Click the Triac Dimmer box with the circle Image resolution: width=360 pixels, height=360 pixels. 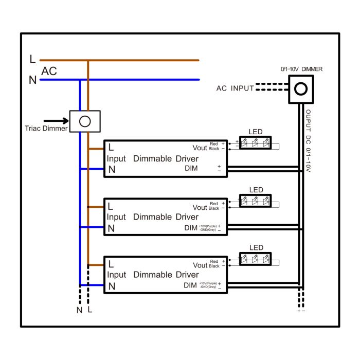click(85, 121)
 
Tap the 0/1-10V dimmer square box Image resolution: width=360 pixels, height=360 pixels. click(300, 88)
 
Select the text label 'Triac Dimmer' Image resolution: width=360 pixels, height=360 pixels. click(46, 129)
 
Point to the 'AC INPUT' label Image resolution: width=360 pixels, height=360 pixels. click(235, 88)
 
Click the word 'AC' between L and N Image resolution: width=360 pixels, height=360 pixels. click(49, 71)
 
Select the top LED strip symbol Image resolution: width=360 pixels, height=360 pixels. click(256, 142)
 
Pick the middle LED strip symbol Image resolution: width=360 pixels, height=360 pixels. click(256, 200)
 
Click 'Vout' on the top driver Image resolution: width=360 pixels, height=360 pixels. click(200, 148)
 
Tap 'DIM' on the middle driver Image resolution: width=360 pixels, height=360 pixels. click(190, 227)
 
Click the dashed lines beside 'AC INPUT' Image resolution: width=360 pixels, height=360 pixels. click(272, 87)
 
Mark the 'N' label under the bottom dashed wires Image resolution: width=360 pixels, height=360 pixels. click(79, 310)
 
